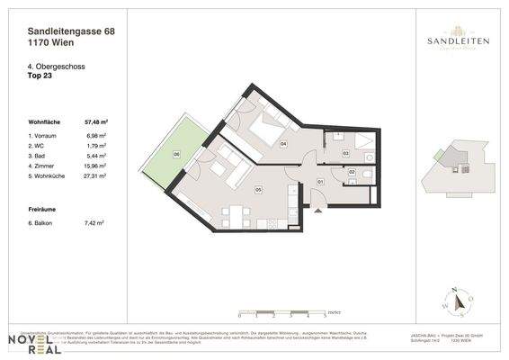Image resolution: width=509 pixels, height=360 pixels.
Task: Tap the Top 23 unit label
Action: pos(40,75)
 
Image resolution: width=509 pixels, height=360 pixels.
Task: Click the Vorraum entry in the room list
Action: pos(47,135)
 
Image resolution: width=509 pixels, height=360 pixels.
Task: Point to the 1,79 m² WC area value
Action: pos(97,145)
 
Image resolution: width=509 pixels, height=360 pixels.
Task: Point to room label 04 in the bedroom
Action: pos(282,143)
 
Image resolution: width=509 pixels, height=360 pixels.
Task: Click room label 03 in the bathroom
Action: pos(345,154)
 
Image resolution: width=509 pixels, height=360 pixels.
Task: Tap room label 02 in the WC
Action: pos(352,172)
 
